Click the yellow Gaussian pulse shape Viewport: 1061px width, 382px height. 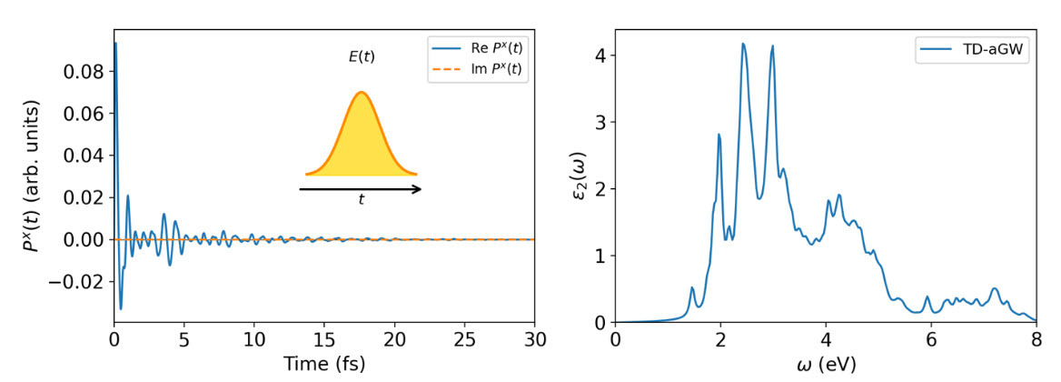(x=362, y=141)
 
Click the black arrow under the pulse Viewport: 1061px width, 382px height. (x=360, y=189)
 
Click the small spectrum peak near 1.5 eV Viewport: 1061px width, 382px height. (x=692, y=288)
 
